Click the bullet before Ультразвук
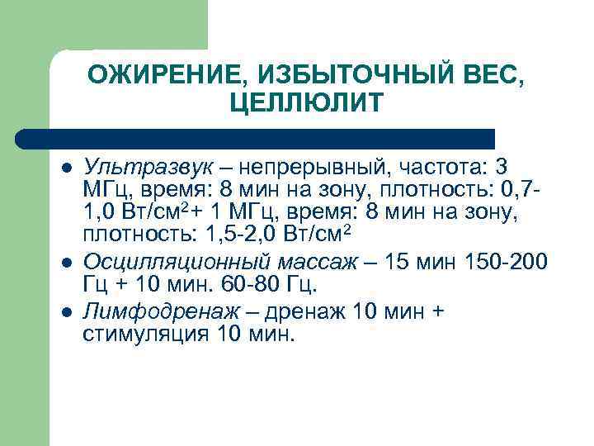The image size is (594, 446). pyautogui.click(x=66, y=169)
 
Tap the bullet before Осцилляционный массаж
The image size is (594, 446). pyautogui.click(x=66, y=263)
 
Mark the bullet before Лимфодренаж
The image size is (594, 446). pyautogui.click(x=66, y=311)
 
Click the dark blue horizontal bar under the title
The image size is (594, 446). pyautogui.click(x=256, y=138)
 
